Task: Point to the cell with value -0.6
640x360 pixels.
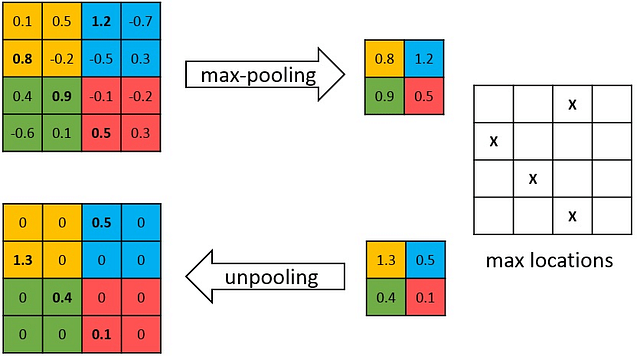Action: [21, 133]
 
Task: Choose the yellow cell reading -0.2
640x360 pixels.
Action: [61, 57]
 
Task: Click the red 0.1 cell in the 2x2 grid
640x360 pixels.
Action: [424, 298]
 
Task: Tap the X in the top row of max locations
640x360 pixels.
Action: [571, 104]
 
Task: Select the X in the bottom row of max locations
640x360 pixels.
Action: [571, 215]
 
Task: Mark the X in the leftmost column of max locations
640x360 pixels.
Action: [493, 141]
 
